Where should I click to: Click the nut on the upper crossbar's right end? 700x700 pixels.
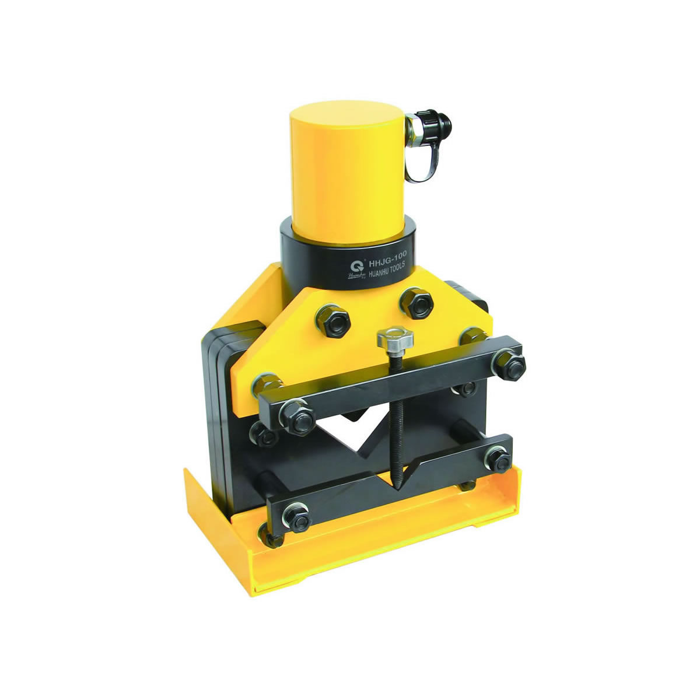(507, 365)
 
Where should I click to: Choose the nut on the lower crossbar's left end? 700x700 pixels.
(296, 517)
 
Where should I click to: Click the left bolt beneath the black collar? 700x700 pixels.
(332, 319)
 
